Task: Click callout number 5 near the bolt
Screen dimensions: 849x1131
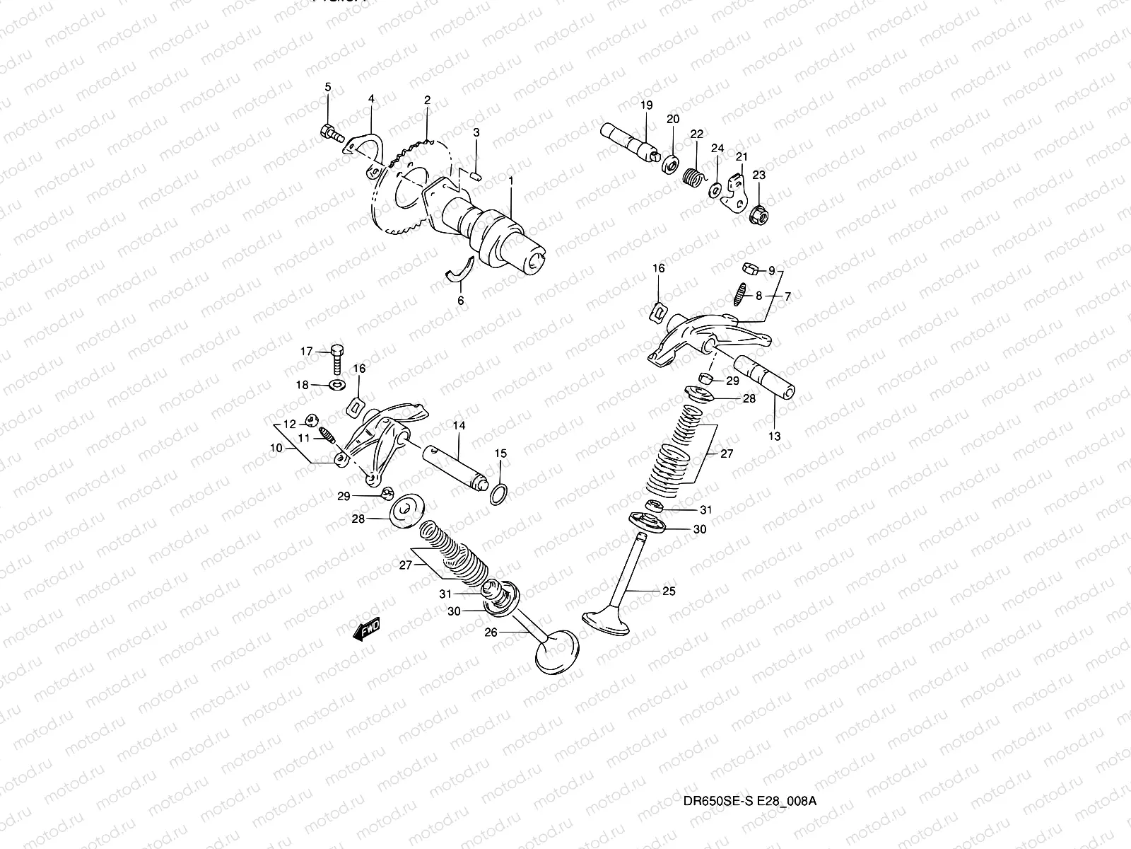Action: [x=327, y=87]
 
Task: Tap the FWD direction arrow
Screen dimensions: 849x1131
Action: [x=367, y=629]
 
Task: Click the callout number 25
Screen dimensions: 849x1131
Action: [x=669, y=591]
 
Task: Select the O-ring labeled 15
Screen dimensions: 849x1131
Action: [x=499, y=494]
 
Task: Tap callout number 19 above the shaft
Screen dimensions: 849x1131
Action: [x=646, y=105]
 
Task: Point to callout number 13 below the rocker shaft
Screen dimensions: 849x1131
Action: [x=774, y=437]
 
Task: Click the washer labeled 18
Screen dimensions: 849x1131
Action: [x=338, y=385]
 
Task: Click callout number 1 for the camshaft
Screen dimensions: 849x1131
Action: [x=510, y=181]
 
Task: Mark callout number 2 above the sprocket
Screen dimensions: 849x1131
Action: [x=427, y=100]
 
